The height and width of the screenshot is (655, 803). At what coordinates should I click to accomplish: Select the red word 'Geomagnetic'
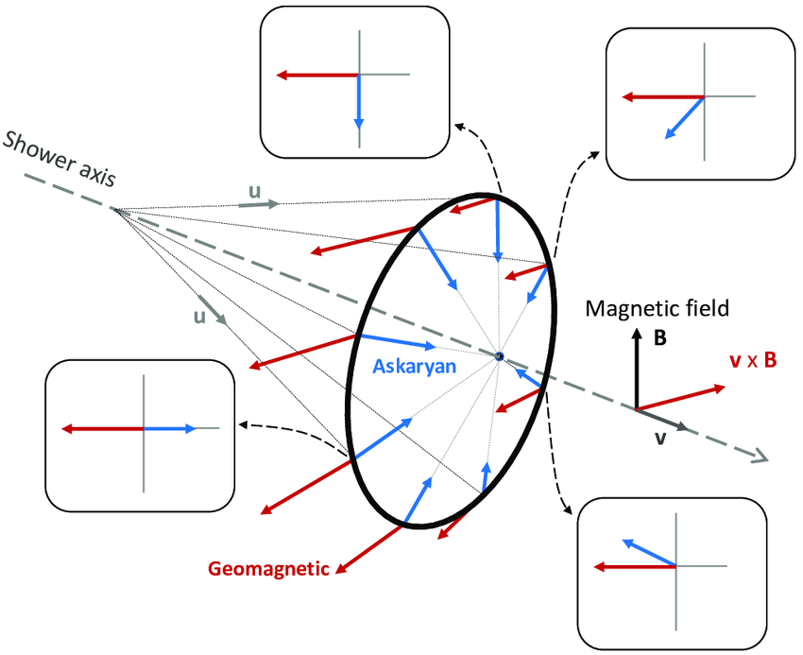point(269,569)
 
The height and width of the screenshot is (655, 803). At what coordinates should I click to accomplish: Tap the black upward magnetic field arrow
point(637,373)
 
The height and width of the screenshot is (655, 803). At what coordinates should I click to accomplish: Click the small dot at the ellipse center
point(499,355)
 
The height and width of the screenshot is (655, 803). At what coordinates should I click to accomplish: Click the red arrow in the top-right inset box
point(662,96)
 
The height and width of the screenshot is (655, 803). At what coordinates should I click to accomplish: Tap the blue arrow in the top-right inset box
point(685,117)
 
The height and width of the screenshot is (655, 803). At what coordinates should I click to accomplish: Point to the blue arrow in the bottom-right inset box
point(648,553)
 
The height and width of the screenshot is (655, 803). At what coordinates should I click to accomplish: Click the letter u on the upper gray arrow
point(253,192)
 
